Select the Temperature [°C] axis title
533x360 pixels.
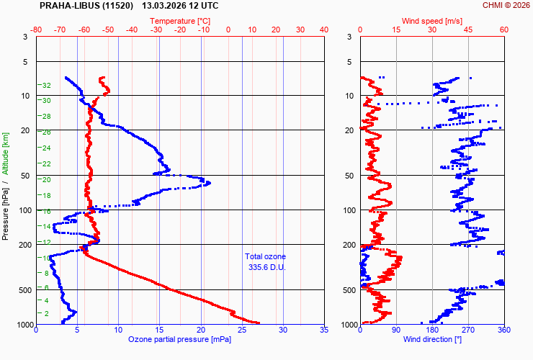click(181, 22)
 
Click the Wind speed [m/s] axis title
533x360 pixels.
click(431, 22)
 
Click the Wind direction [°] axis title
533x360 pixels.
click(431, 338)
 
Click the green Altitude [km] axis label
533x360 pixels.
click(6, 153)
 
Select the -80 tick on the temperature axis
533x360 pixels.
click(37, 30)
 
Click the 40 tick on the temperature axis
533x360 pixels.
click(323, 30)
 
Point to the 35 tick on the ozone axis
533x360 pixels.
click(323, 330)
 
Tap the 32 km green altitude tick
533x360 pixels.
click(46, 86)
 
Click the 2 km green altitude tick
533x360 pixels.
click(47, 313)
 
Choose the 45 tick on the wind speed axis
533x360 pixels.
click(467, 30)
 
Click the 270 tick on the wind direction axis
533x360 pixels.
click(467, 330)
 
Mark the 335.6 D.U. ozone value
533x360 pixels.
click(265, 267)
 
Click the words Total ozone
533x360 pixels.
click(265, 256)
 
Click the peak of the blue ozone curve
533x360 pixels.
click(209, 184)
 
